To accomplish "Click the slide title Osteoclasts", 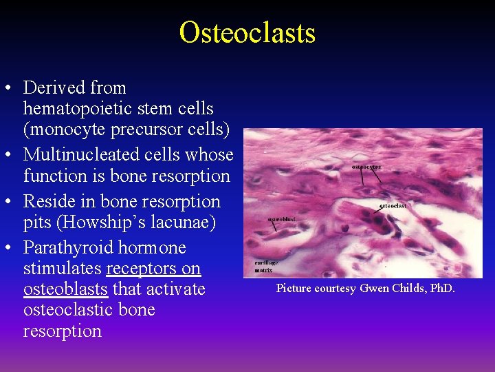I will tap(247, 32).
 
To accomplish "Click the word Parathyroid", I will tap(67, 248).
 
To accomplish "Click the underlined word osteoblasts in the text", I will tap(65, 289).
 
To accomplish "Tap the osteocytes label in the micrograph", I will tap(366, 167).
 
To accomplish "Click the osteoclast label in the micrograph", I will tap(393, 205).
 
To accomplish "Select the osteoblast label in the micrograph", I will tap(281, 220).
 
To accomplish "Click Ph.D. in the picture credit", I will tap(440, 288).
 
